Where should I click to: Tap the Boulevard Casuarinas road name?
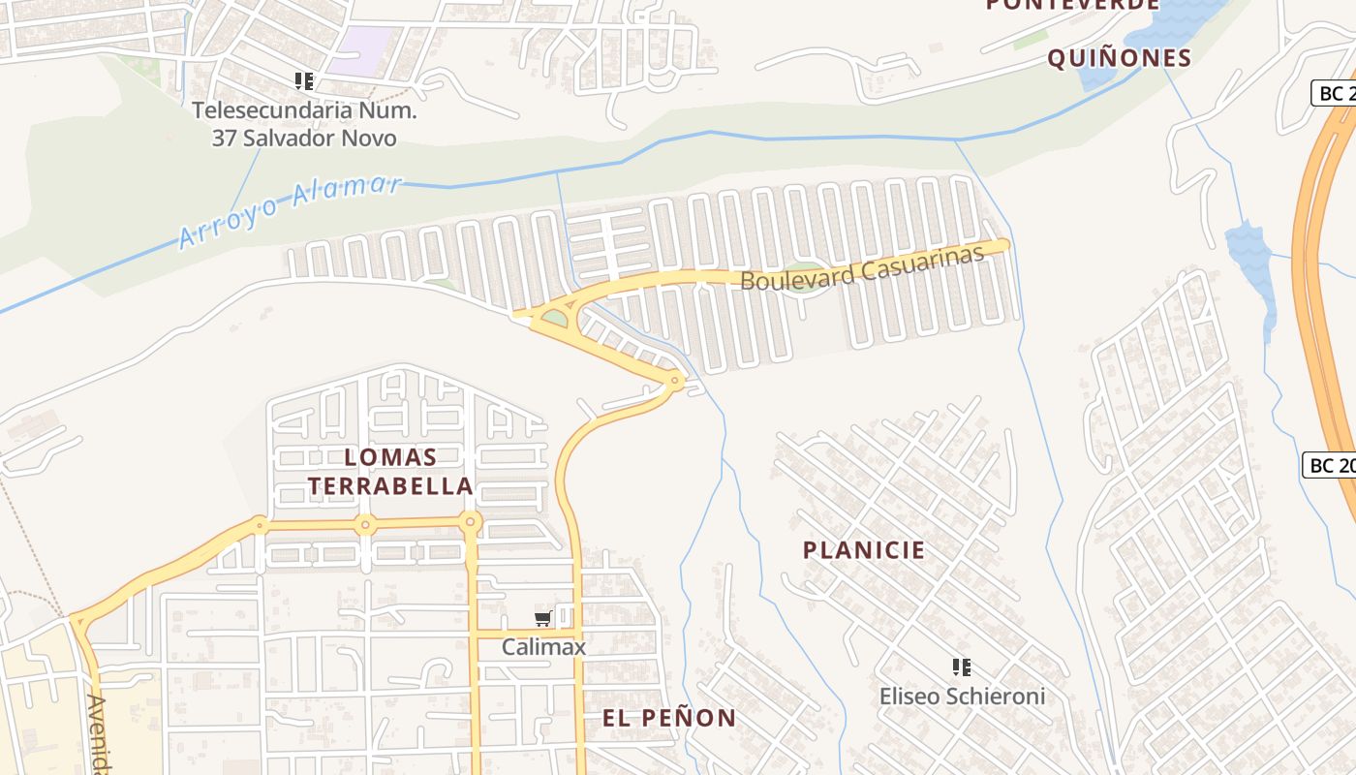point(861,267)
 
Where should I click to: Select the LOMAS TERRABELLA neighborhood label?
point(391,471)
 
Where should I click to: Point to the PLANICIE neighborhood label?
point(864,550)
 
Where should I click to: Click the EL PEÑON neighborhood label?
point(668,718)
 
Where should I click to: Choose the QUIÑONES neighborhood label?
point(1119,58)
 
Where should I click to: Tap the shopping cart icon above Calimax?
point(542,619)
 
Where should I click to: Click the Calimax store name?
point(543,646)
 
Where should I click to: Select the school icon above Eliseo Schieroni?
point(962,666)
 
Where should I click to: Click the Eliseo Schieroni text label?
point(962,696)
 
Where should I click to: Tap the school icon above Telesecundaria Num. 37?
point(304,81)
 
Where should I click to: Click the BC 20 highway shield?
point(1332,465)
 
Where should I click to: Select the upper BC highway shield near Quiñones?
point(1335,93)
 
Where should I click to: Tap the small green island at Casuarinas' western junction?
point(554,318)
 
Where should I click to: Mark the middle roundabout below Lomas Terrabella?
point(365,526)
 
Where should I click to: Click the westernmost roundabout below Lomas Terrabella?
point(260,526)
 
